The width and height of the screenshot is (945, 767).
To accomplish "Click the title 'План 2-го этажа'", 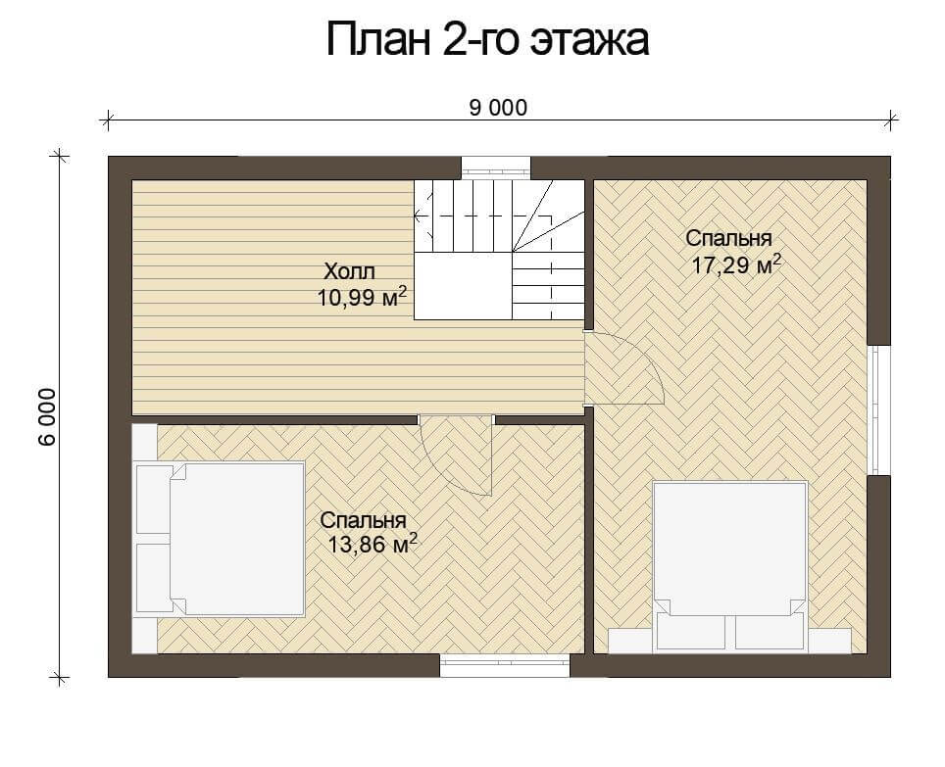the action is [487, 40].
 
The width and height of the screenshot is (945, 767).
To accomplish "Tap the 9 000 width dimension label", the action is [498, 108].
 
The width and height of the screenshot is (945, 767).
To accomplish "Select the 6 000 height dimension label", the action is [47, 416].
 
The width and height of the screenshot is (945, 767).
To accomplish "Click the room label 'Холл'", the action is [350, 271].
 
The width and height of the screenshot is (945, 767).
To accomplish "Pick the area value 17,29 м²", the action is [736, 264].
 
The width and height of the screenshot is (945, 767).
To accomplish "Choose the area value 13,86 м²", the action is [372, 545].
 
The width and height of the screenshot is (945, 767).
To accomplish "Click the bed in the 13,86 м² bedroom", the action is [220, 539].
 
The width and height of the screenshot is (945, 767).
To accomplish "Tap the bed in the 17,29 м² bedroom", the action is [730, 566].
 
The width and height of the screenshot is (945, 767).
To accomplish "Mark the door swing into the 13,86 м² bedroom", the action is [457, 455].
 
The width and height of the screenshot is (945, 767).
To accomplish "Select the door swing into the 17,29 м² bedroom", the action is [624, 368].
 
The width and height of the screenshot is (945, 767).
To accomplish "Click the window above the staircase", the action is [497, 168].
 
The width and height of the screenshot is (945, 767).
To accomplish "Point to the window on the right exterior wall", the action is [879, 410].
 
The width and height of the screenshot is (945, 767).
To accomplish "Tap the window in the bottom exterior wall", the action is [505, 665].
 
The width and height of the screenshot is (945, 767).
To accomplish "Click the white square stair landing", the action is [463, 286].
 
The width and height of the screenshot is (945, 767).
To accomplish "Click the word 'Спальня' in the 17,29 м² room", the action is [728, 238].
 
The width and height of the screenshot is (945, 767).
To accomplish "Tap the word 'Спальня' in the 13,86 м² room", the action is [364, 520].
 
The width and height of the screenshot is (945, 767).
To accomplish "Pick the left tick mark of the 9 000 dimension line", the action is [107, 120].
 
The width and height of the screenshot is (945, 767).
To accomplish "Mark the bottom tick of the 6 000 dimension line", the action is [59, 677].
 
